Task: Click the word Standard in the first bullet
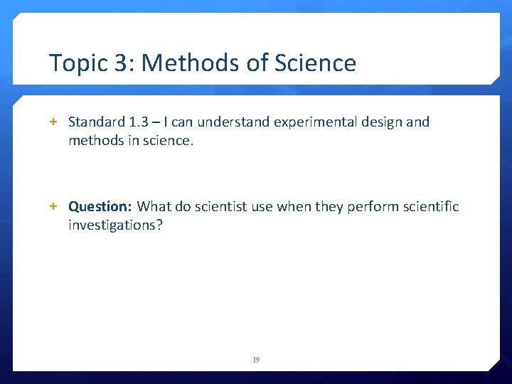95,122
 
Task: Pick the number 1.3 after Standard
140,122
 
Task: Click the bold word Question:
100,207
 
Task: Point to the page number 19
256,360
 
